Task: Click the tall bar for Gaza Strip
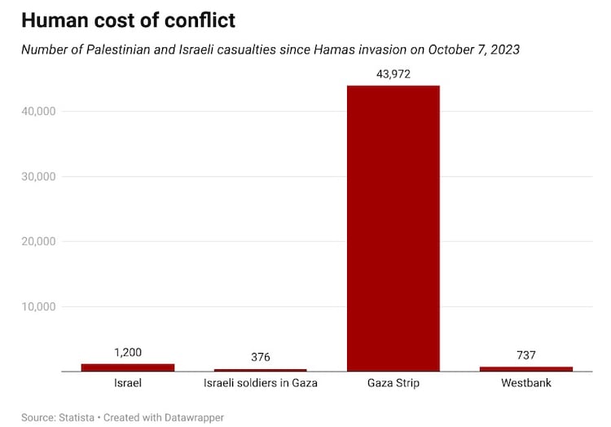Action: [x=393, y=228]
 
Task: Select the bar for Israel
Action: [x=128, y=368]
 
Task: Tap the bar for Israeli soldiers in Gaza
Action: [x=261, y=370]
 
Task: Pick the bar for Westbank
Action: [x=526, y=369]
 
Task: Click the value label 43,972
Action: [x=393, y=73]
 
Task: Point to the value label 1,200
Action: [x=128, y=352]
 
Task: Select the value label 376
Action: [x=261, y=357]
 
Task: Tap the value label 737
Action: [x=526, y=355]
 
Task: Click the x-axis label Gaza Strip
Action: [x=393, y=382]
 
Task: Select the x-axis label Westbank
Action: [x=526, y=382]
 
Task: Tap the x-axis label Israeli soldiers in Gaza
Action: [x=261, y=382]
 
